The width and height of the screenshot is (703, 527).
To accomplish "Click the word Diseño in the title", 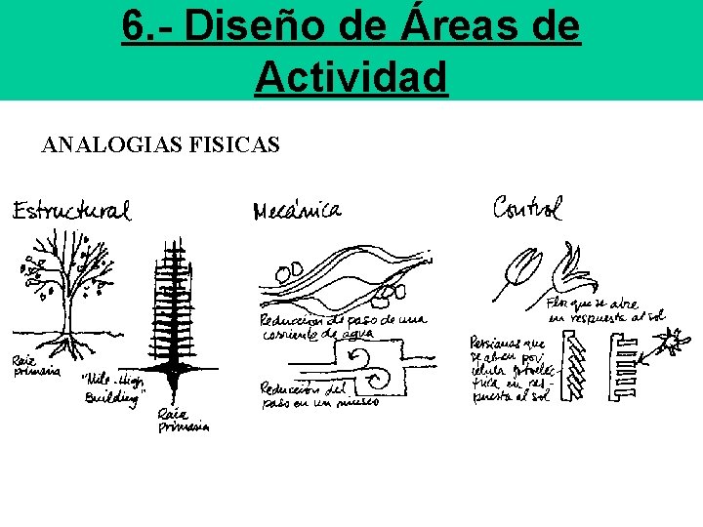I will point(233,27).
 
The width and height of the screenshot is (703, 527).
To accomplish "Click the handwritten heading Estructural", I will point(70,210).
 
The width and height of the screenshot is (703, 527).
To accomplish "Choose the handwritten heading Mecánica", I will point(297,211).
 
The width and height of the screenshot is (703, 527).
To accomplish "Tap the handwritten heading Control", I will point(527,208).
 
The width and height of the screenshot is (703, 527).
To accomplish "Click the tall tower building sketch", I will point(174,303).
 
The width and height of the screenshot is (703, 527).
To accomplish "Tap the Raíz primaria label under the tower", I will point(183,420).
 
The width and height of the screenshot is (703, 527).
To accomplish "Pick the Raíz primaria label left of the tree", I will point(35,366).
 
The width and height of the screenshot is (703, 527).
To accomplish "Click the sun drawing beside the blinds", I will point(670,344).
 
